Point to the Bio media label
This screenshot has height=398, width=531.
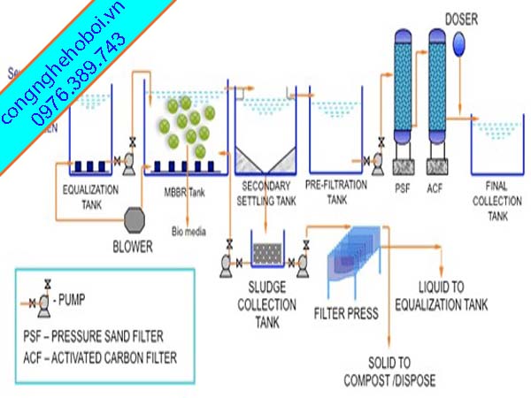[x=188, y=233]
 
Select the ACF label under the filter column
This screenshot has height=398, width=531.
[x=434, y=188]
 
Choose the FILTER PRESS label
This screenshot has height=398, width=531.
[x=346, y=313]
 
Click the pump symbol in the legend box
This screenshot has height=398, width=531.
[x=40, y=298]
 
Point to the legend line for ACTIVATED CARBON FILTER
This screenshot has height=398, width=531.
[x=103, y=357]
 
